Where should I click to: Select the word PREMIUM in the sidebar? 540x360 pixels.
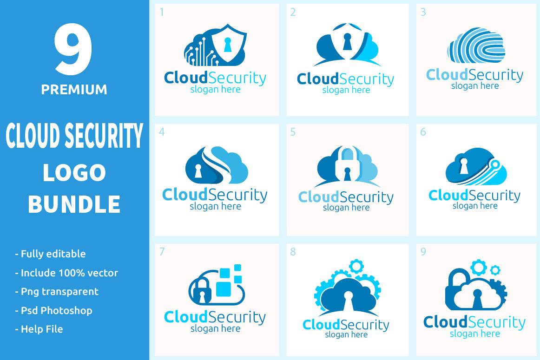74,89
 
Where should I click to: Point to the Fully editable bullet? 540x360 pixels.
51,254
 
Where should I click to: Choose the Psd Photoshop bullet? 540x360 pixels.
54,310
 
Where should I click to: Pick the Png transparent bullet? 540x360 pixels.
57,292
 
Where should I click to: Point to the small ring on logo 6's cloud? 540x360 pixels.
496,164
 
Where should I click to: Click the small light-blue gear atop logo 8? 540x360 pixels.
356,266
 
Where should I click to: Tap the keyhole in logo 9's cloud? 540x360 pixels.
476,297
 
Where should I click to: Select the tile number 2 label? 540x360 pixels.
293,13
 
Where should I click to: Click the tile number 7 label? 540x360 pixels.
162,252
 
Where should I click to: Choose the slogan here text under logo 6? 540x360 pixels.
475,206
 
